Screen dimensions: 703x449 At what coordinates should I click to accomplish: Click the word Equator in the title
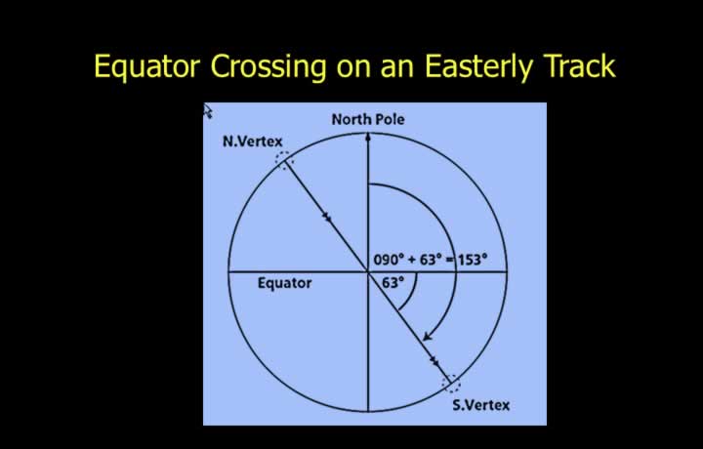point(146,66)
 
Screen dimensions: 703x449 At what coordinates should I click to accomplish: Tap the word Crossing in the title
point(269,66)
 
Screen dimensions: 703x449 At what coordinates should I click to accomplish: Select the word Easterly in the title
point(478,66)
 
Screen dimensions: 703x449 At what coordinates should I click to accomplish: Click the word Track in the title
point(579,65)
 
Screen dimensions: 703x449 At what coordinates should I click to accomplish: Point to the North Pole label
point(368,119)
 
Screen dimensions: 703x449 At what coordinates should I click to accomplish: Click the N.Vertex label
point(253,142)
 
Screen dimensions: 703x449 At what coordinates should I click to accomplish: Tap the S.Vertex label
point(481,405)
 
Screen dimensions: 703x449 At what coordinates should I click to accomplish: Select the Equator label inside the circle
point(285,283)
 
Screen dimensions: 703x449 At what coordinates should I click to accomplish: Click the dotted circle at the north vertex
point(284,160)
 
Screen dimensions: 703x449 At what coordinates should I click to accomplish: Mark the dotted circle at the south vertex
point(451,384)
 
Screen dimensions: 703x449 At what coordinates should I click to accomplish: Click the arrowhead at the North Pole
point(368,137)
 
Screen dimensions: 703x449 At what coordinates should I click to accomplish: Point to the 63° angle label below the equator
point(393,283)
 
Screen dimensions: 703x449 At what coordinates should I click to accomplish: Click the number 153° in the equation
point(473,260)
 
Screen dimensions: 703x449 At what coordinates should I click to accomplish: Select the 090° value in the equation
point(389,260)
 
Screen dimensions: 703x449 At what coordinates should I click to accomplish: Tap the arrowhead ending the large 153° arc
point(428,337)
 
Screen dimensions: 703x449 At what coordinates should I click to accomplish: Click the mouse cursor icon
point(208,111)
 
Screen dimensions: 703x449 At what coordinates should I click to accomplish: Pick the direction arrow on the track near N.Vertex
point(327,218)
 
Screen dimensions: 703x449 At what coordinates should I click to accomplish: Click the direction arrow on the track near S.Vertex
point(434,361)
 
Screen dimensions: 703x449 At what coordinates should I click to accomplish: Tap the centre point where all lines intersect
point(368,271)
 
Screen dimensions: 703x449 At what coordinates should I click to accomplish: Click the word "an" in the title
point(396,69)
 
